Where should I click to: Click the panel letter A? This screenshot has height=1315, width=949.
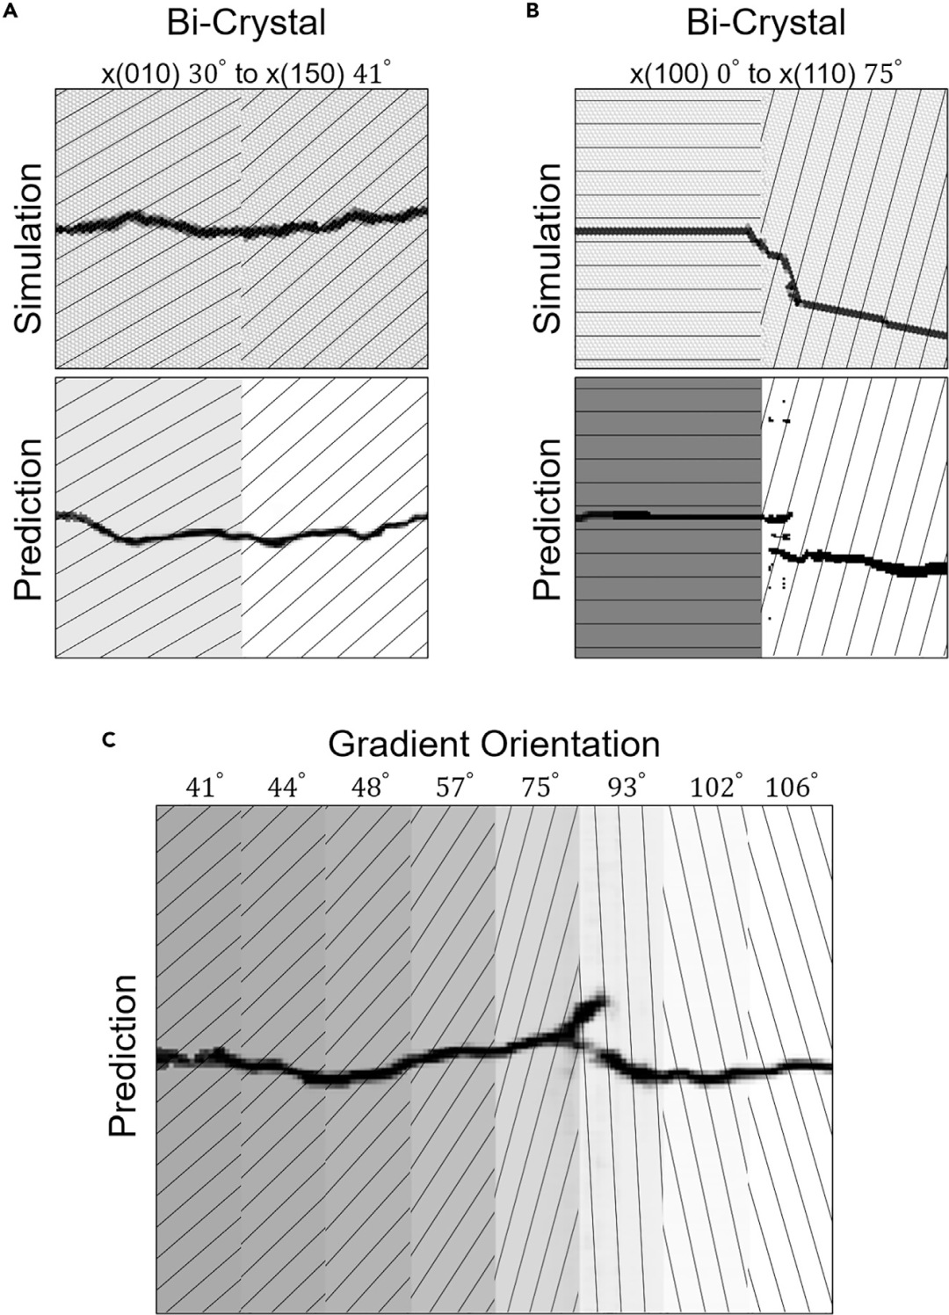click(8, 11)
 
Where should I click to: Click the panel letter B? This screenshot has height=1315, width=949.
click(532, 11)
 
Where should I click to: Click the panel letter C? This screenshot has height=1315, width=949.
click(107, 741)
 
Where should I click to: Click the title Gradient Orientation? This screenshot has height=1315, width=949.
click(494, 745)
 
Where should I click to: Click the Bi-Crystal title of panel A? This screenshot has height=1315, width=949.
click(247, 24)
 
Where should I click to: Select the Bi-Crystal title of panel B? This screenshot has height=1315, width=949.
click(766, 24)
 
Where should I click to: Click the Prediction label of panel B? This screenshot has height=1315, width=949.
click(547, 519)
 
